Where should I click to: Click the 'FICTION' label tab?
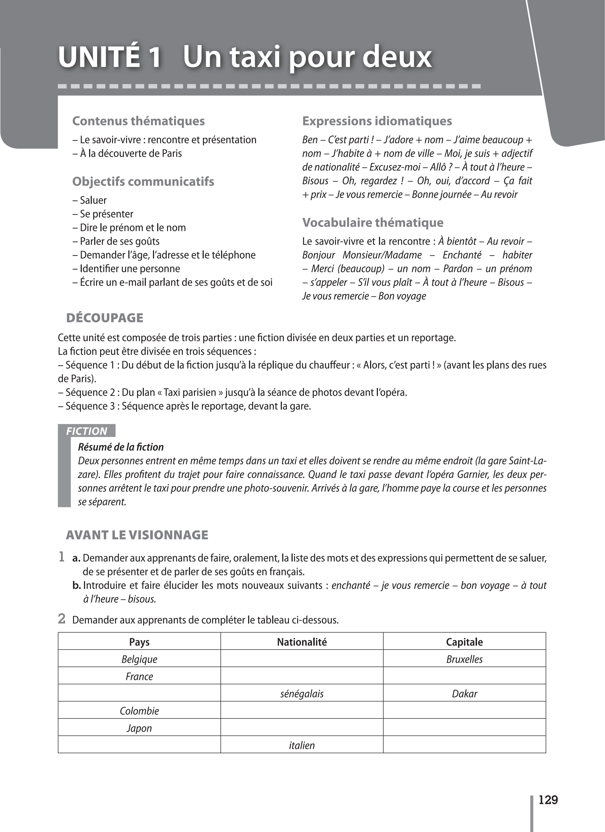(x=87, y=431)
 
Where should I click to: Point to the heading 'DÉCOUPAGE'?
(x=105, y=318)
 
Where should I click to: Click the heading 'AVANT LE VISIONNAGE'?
(x=137, y=535)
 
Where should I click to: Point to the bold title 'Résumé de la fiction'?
(x=121, y=447)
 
